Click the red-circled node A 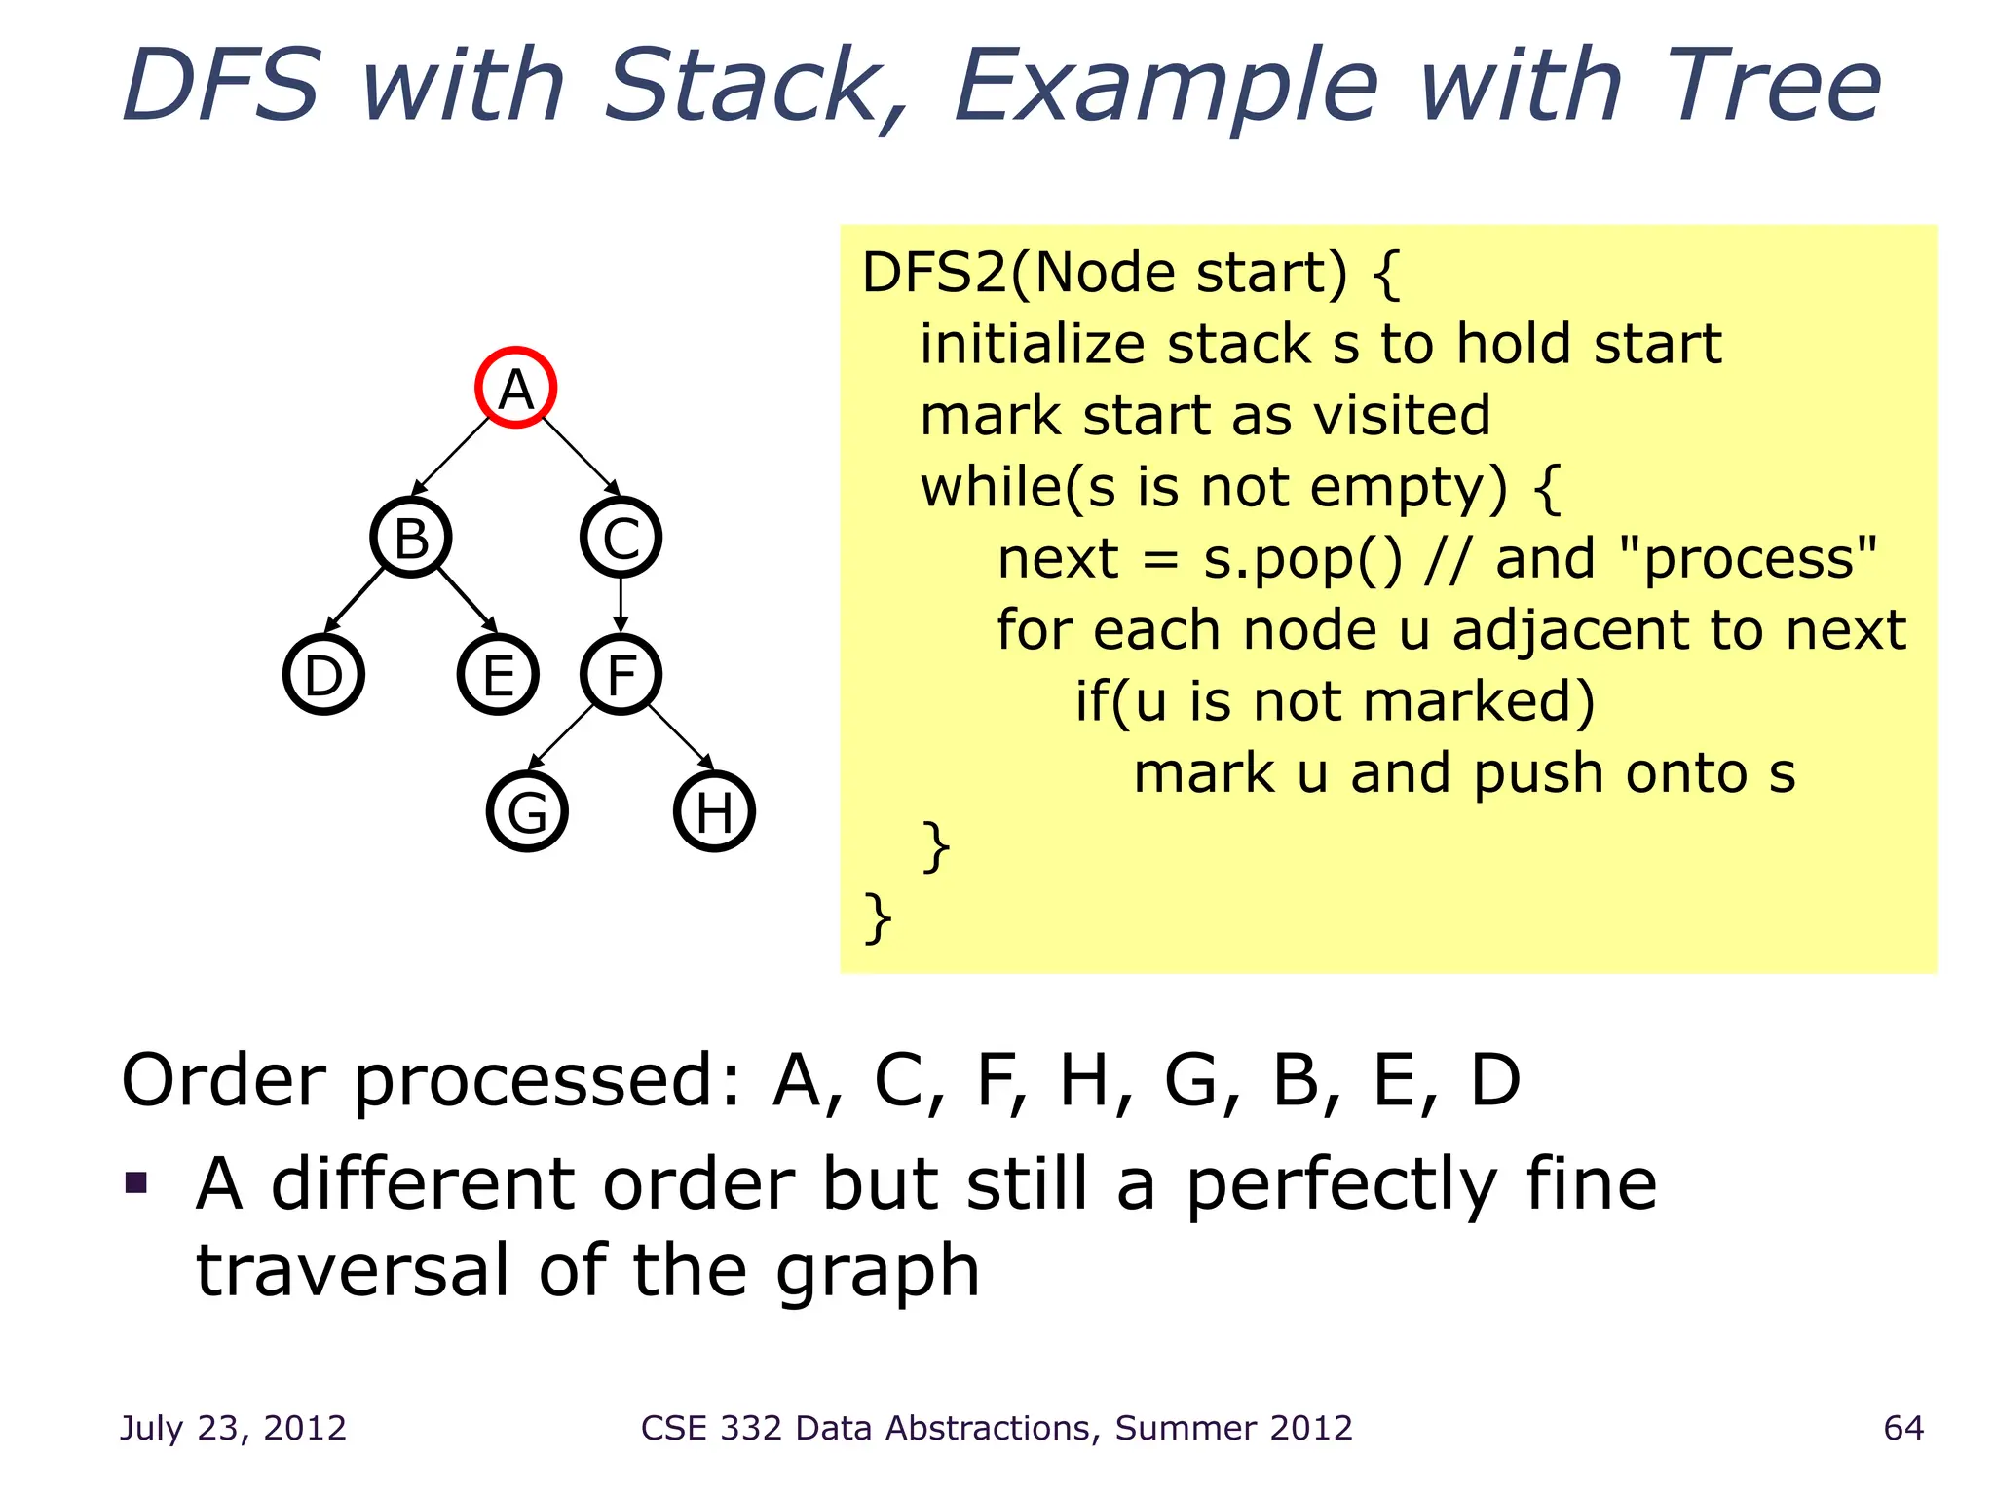point(515,388)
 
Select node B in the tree point(411,537)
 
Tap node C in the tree point(621,537)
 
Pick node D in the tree point(323,674)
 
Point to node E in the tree point(498,674)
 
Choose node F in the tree point(621,674)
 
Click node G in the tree point(527,811)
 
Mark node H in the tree point(714,811)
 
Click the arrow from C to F point(621,605)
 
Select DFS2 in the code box point(934,272)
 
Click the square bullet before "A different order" point(136,1183)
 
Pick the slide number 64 point(1903,1428)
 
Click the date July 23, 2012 point(233,1428)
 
